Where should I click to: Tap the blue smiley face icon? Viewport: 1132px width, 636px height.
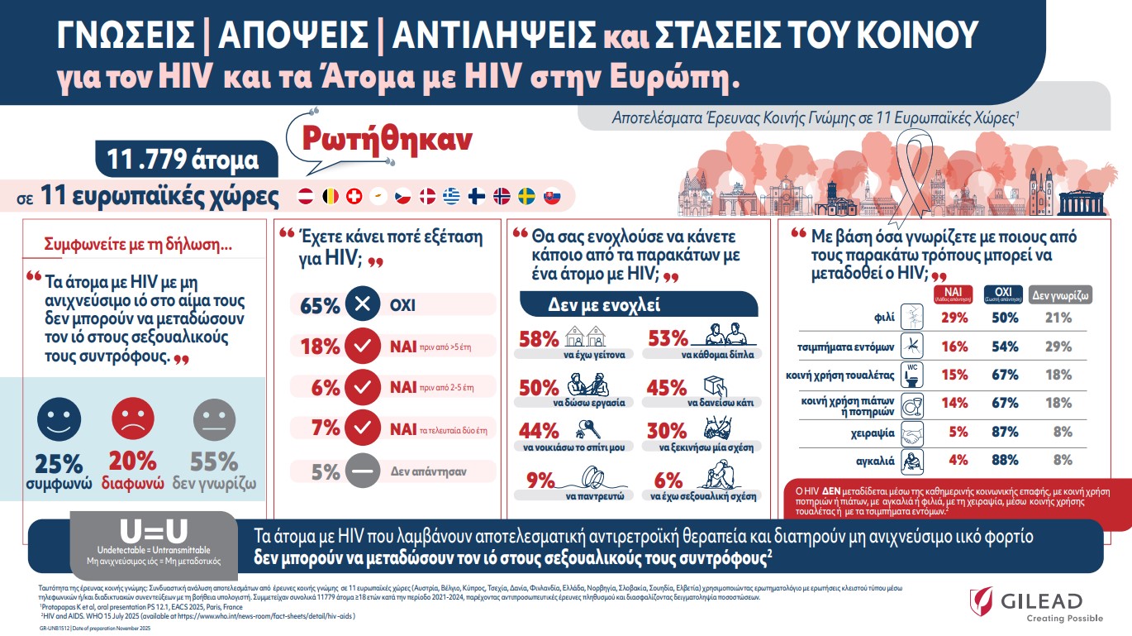58,419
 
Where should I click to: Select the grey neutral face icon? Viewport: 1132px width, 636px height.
215,419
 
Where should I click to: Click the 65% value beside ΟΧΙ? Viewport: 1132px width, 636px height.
321,305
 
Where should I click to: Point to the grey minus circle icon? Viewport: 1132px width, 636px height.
362,471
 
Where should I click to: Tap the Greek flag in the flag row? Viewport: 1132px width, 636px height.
451,197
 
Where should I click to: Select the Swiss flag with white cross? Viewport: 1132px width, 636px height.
354,197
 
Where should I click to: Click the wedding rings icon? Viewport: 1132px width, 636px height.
591,478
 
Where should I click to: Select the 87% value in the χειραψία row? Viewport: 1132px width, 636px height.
1005,432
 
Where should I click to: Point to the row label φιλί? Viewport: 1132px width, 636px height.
884,318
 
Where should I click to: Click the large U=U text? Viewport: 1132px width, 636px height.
153,531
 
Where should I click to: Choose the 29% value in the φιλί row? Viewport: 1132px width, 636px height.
954,318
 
